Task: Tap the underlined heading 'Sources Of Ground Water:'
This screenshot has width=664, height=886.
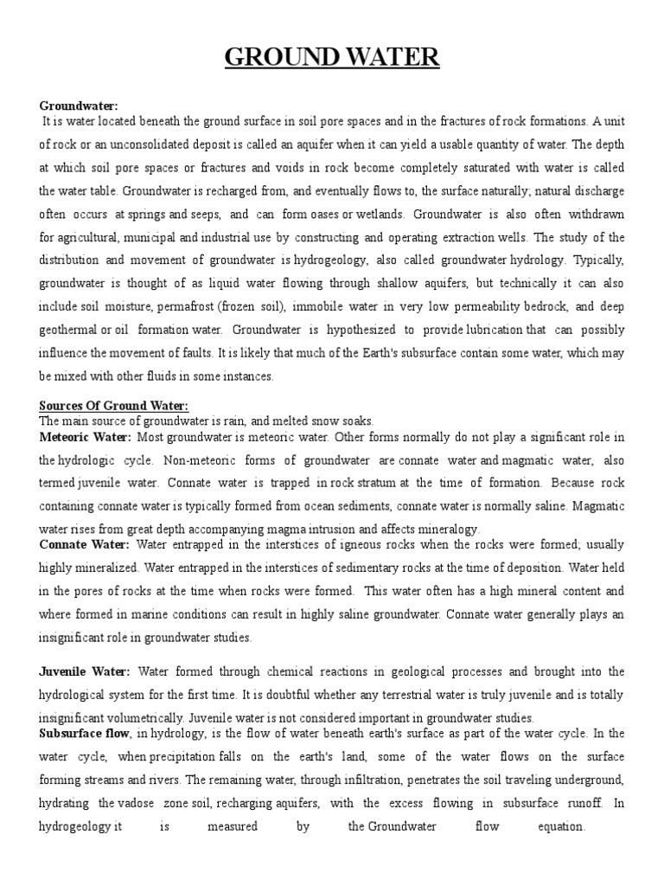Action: tap(113, 406)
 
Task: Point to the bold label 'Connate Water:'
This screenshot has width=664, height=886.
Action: tap(84, 544)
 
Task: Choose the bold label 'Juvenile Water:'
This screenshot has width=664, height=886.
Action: tap(85, 671)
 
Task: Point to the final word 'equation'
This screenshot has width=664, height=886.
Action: tap(560, 826)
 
